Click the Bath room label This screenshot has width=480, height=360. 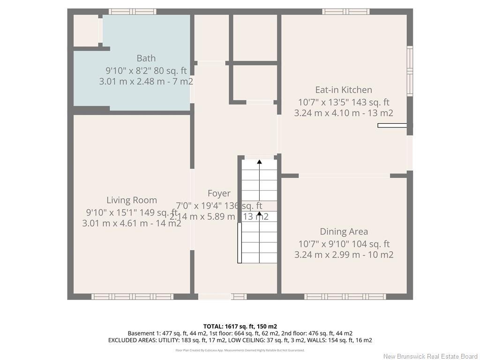pyautogui.click(x=146, y=58)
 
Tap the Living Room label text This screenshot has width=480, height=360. pyautogui.click(x=131, y=200)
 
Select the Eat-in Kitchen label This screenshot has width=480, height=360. pyautogui.click(x=344, y=90)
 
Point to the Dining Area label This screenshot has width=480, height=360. pyautogui.click(x=344, y=232)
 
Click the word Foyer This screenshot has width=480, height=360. pyautogui.click(x=219, y=193)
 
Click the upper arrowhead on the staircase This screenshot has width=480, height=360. pyautogui.click(x=259, y=162)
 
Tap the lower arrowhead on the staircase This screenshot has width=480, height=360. pyautogui.click(x=259, y=214)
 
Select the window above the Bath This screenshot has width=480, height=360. pyautogui.click(x=132, y=11)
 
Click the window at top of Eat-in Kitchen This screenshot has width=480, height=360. pyautogui.click(x=346, y=11)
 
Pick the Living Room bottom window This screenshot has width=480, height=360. pyautogui.click(x=132, y=297)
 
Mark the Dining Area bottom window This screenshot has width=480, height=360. pyautogui.click(x=345, y=297)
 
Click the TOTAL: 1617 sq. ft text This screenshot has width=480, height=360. pyautogui.click(x=240, y=326)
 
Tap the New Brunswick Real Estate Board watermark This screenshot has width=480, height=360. pyautogui.click(x=430, y=356)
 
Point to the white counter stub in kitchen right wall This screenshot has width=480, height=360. pyautogui.click(x=392, y=125)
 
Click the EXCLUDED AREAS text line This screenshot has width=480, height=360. pyautogui.click(x=240, y=340)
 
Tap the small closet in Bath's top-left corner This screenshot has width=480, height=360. pyautogui.click(x=86, y=30)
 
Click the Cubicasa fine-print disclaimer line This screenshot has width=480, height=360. pyautogui.click(x=240, y=350)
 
